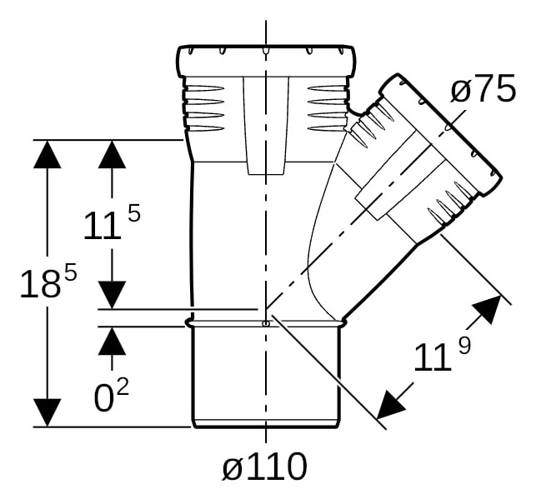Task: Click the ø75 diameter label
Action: coord(483,89)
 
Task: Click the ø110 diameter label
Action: coord(264,466)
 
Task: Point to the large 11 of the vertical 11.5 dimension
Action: coord(103,225)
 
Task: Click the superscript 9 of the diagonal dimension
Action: coord(464,345)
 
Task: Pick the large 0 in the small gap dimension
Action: coord(103,398)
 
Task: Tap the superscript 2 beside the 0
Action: coord(123,387)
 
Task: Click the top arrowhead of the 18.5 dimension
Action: coord(48,154)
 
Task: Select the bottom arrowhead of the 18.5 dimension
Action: coord(48,412)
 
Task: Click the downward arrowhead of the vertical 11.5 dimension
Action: coord(113,295)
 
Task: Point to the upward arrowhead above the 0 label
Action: coord(113,341)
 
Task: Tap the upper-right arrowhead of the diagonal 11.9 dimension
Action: coord(488,309)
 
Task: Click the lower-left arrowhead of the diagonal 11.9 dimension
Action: coord(389,406)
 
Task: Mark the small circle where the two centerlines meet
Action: coord(266,323)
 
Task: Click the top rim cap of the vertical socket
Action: coord(266,61)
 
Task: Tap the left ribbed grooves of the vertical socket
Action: coord(203,108)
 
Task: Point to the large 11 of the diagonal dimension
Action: coord(432,357)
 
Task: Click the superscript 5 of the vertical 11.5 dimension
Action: coord(134,213)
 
